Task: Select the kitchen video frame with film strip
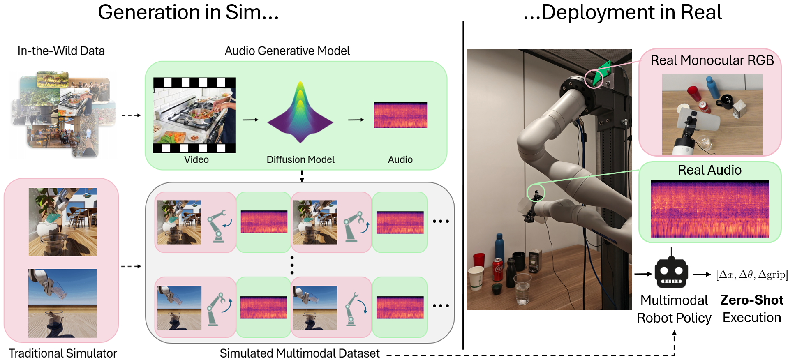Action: point(194,115)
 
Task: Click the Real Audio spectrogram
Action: point(709,209)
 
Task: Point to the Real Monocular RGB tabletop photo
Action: point(712,114)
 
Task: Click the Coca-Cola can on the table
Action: point(498,269)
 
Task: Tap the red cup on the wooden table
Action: point(479,260)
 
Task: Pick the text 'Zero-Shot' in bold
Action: point(751,300)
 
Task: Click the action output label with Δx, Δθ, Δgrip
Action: point(751,275)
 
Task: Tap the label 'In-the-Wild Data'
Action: point(61,51)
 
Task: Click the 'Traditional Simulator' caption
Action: point(63,353)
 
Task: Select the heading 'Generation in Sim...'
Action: point(188,12)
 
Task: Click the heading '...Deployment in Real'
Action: point(622,12)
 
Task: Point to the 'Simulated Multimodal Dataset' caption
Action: point(300,353)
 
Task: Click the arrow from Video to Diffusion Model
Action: point(250,120)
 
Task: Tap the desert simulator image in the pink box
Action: point(62,303)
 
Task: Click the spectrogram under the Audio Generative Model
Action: point(400,115)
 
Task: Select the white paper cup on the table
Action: point(477,278)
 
